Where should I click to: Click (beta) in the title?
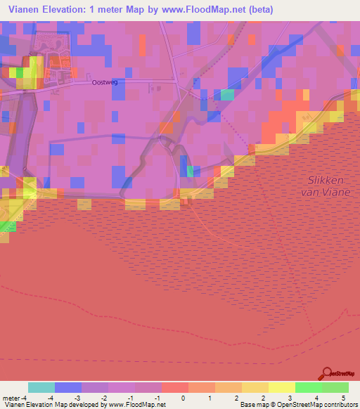pyautogui.click(x=257, y=10)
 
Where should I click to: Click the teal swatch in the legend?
pyautogui.click(x=41, y=387)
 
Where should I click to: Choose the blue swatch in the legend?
pyautogui.click(x=68, y=387)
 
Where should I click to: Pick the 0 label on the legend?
pyautogui.click(x=183, y=398)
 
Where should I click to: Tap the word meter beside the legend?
pyautogui.click(x=10, y=398)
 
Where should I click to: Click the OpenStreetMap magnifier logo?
pyautogui.click(x=327, y=373)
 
